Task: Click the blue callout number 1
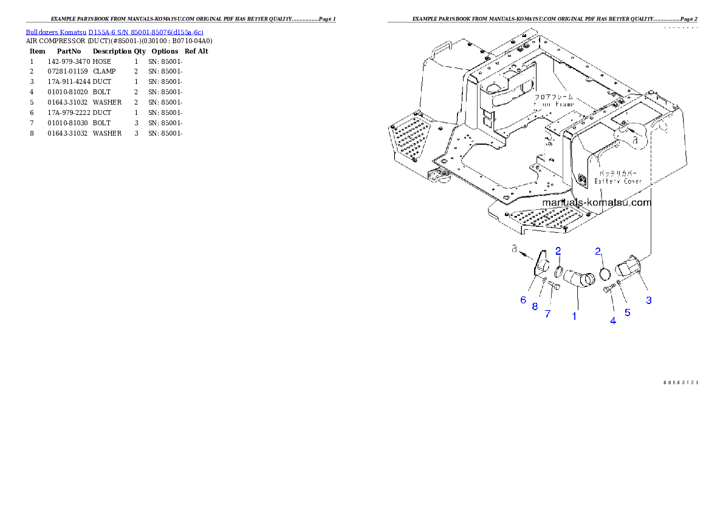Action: point(574,316)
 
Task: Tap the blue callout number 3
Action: point(649,300)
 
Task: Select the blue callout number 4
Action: point(613,320)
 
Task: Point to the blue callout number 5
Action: point(628,313)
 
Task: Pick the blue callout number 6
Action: point(523,300)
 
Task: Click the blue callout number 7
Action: point(547,314)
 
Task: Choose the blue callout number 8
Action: point(535,306)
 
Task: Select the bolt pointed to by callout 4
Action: point(608,291)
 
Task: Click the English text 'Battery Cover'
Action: point(618,181)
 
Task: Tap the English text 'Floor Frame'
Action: point(553,105)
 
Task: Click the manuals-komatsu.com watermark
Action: point(596,202)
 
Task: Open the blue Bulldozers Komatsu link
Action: point(114,32)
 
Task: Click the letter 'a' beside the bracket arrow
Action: point(514,249)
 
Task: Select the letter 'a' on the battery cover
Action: point(636,139)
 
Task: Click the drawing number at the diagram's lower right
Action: point(680,382)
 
